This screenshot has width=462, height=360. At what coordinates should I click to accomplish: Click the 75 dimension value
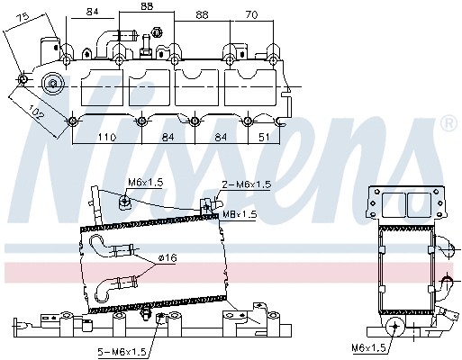click(x=23, y=18)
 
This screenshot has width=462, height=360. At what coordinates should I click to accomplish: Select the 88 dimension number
click(x=147, y=6)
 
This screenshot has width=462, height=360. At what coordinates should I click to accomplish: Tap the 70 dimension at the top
click(x=251, y=14)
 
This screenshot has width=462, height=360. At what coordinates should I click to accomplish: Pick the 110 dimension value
click(x=107, y=137)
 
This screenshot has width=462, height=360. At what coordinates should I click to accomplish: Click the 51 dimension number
click(x=264, y=137)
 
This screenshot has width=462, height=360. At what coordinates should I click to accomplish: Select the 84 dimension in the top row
click(x=93, y=12)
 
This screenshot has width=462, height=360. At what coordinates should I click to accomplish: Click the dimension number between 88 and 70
click(x=202, y=14)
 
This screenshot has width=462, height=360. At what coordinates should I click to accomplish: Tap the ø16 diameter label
click(x=168, y=257)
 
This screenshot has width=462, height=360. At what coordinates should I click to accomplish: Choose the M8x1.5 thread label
click(x=240, y=214)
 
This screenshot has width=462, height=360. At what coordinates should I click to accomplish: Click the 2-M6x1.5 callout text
click(x=247, y=184)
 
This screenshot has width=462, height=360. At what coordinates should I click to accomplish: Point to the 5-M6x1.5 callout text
click(x=122, y=351)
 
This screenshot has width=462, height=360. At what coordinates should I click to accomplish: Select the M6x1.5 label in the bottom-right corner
click(x=368, y=347)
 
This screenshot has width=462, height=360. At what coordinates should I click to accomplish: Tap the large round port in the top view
click(x=53, y=84)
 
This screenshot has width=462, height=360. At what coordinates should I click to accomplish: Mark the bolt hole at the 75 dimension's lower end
click(x=23, y=79)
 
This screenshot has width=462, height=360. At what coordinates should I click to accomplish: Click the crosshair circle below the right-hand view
click(x=395, y=326)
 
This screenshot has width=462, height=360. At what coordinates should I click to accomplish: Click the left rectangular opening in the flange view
click(x=394, y=204)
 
